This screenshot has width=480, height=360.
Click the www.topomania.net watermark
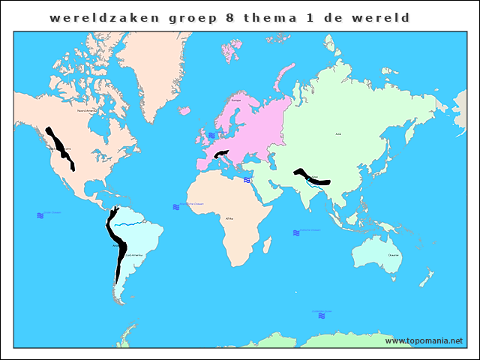(x=424, y=340)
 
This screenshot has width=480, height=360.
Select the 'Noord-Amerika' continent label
(x=88, y=110)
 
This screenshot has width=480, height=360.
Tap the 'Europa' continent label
(x=236, y=100)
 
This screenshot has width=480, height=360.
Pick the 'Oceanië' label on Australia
(x=394, y=255)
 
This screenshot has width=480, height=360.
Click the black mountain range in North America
(x=60, y=148)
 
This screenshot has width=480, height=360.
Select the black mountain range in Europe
(x=221, y=155)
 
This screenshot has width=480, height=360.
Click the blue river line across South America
(x=131, y=223)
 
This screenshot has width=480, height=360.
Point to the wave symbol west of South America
(x=40, y=215)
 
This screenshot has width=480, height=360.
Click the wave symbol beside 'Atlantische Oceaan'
(x=175, y=205)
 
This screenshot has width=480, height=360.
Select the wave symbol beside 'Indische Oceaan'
(x=297, y=232)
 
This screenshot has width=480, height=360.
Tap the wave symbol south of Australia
(x=322, y=316)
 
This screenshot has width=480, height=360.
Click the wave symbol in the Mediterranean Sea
(x=247, y=180)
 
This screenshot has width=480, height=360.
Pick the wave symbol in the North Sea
(x=211, y=135)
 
